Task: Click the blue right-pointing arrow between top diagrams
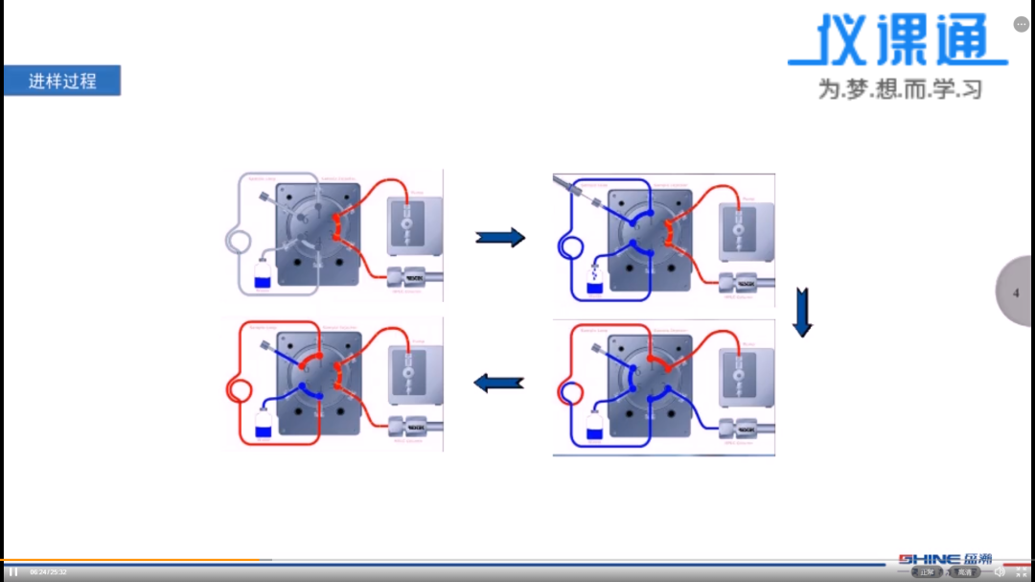[x=500, y=237]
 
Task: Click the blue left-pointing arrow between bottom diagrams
[x=499, y=384]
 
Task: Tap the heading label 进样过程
[x=62, y=81]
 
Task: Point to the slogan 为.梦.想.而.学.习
[x=900, y=89]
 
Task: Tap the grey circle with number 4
[x=1016, y=292]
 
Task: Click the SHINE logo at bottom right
[x=945, y=559]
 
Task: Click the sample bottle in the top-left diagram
[x=263, y=278]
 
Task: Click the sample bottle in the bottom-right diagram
[x=594, y=427]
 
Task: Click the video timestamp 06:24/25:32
[x=48, y=572]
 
